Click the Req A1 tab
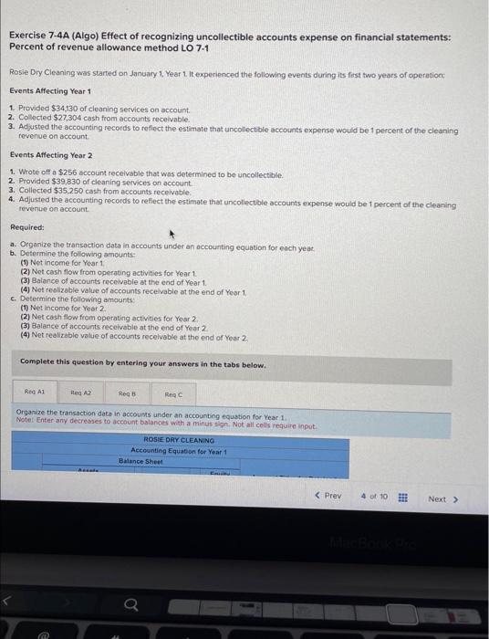click(x=36, y=393)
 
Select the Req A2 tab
click(x=81, y=393)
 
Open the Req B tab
click(x=127, y=393)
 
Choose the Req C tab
click(x=173, y=393)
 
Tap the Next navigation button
click(x=442, y=498)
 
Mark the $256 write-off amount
click(x=64, y=173)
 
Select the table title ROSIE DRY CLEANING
click(x=179, y=441)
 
